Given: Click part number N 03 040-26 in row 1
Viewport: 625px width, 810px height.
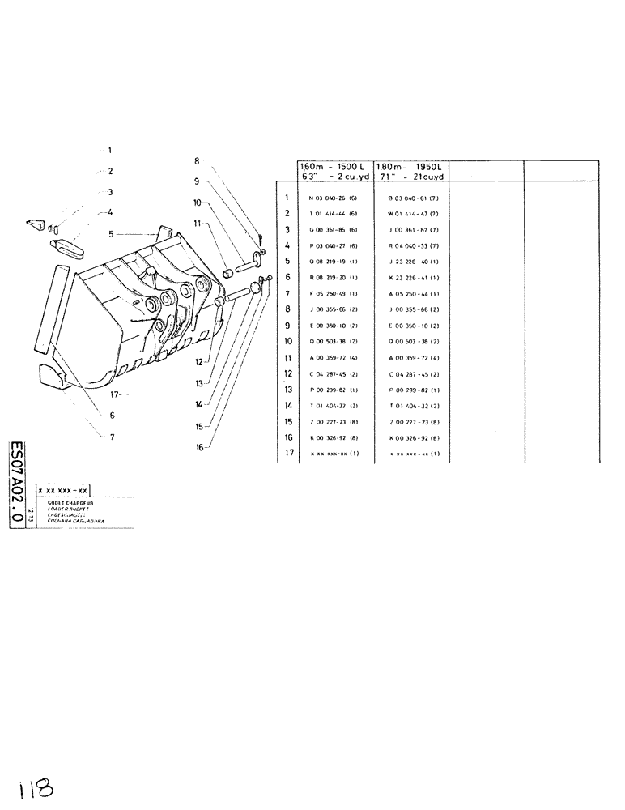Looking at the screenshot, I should (x=327, y=198).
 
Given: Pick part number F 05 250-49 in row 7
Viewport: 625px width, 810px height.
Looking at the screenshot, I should (x=327, y=292).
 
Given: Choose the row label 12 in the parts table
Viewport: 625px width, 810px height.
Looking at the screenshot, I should (x=287, y=373).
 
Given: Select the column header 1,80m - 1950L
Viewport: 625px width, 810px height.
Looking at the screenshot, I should (x=410, y=165).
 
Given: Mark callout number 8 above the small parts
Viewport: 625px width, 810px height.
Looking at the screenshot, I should (x=196, y=160).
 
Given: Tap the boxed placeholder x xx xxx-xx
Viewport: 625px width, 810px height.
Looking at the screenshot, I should (x=63, y=491).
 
